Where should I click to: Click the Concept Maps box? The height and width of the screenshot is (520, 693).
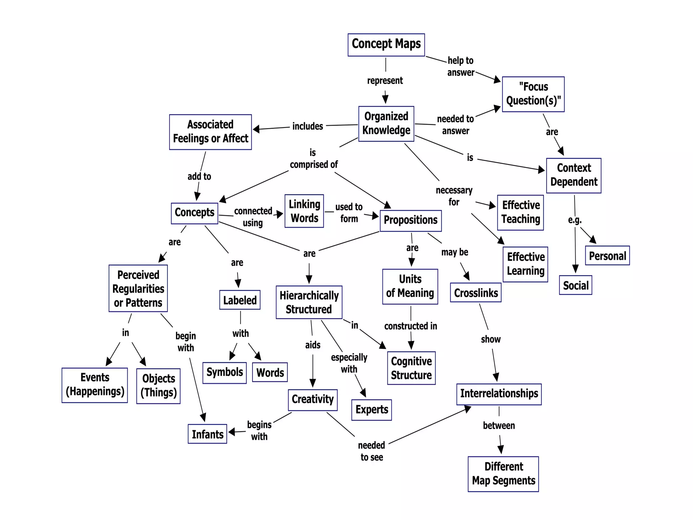386,45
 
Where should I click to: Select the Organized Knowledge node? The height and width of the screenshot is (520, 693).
386,124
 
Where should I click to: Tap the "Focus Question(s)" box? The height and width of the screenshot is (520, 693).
533,94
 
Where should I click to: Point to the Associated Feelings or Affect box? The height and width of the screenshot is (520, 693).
210,132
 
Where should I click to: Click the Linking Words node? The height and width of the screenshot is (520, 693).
304,211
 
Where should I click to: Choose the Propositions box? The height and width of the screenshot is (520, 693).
410,220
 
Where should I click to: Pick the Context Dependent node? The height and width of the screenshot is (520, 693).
574,175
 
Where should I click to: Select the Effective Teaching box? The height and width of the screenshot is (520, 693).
520,213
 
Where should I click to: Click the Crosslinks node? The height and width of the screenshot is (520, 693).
475,292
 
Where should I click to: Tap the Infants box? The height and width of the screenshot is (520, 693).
207,434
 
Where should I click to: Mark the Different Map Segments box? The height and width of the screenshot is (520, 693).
503,474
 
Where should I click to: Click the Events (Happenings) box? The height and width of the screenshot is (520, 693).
95,385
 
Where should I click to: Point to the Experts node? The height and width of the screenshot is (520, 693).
372,410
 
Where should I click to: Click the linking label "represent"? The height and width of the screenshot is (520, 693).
385,81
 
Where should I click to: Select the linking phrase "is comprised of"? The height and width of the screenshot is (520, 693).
313,159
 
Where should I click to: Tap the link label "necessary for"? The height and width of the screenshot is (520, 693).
454,196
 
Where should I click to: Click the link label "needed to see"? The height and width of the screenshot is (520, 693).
372,451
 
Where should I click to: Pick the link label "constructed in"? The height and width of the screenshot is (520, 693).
410,326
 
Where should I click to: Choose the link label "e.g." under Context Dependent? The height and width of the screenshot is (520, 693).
575,220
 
